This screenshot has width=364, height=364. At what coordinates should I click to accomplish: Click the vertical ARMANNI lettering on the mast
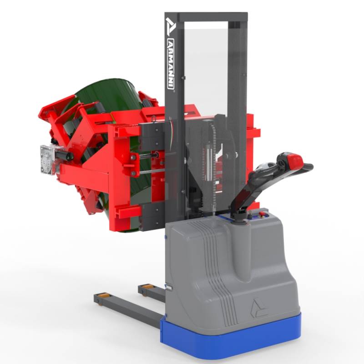click(x=171, y=64)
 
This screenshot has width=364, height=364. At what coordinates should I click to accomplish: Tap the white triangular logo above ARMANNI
click(x=170, y=27)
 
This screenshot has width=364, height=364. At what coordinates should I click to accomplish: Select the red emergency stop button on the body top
click(x=262, y=213)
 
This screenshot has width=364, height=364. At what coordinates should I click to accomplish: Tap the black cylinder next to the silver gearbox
click(x=64, y=155)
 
